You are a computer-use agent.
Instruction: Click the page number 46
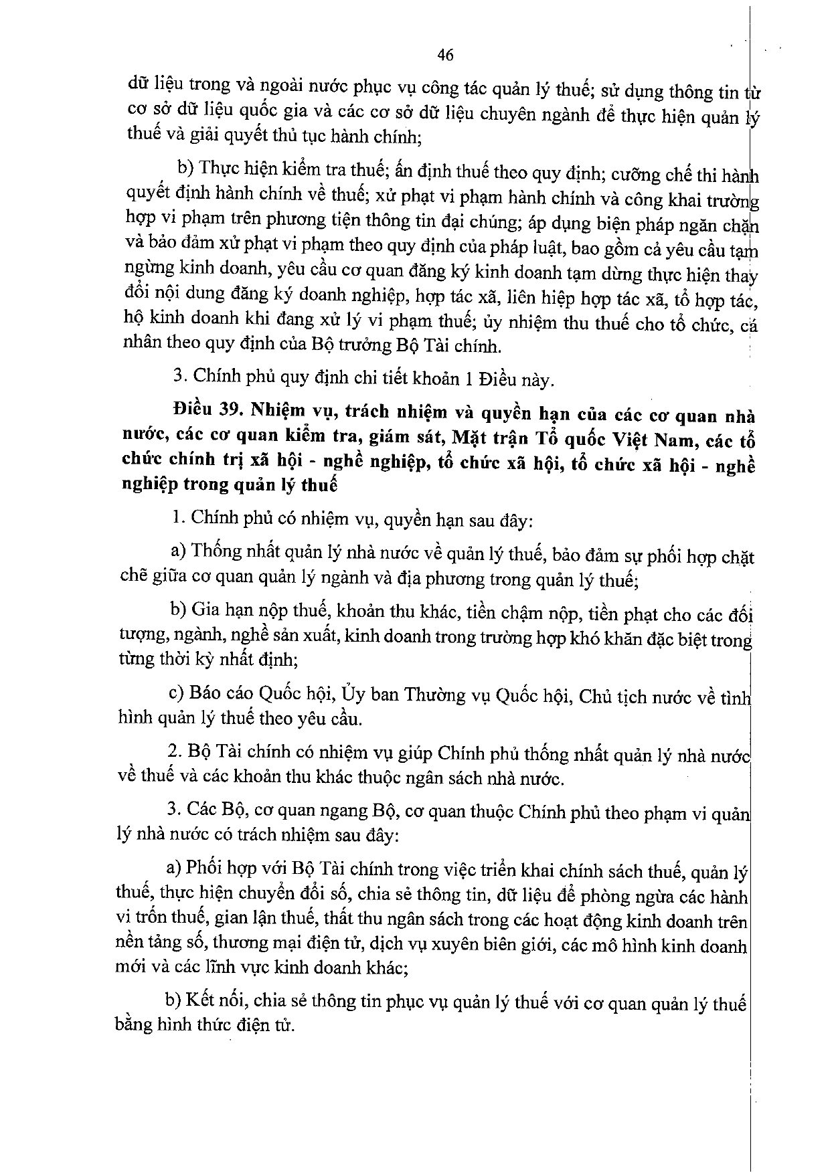[444, 55]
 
